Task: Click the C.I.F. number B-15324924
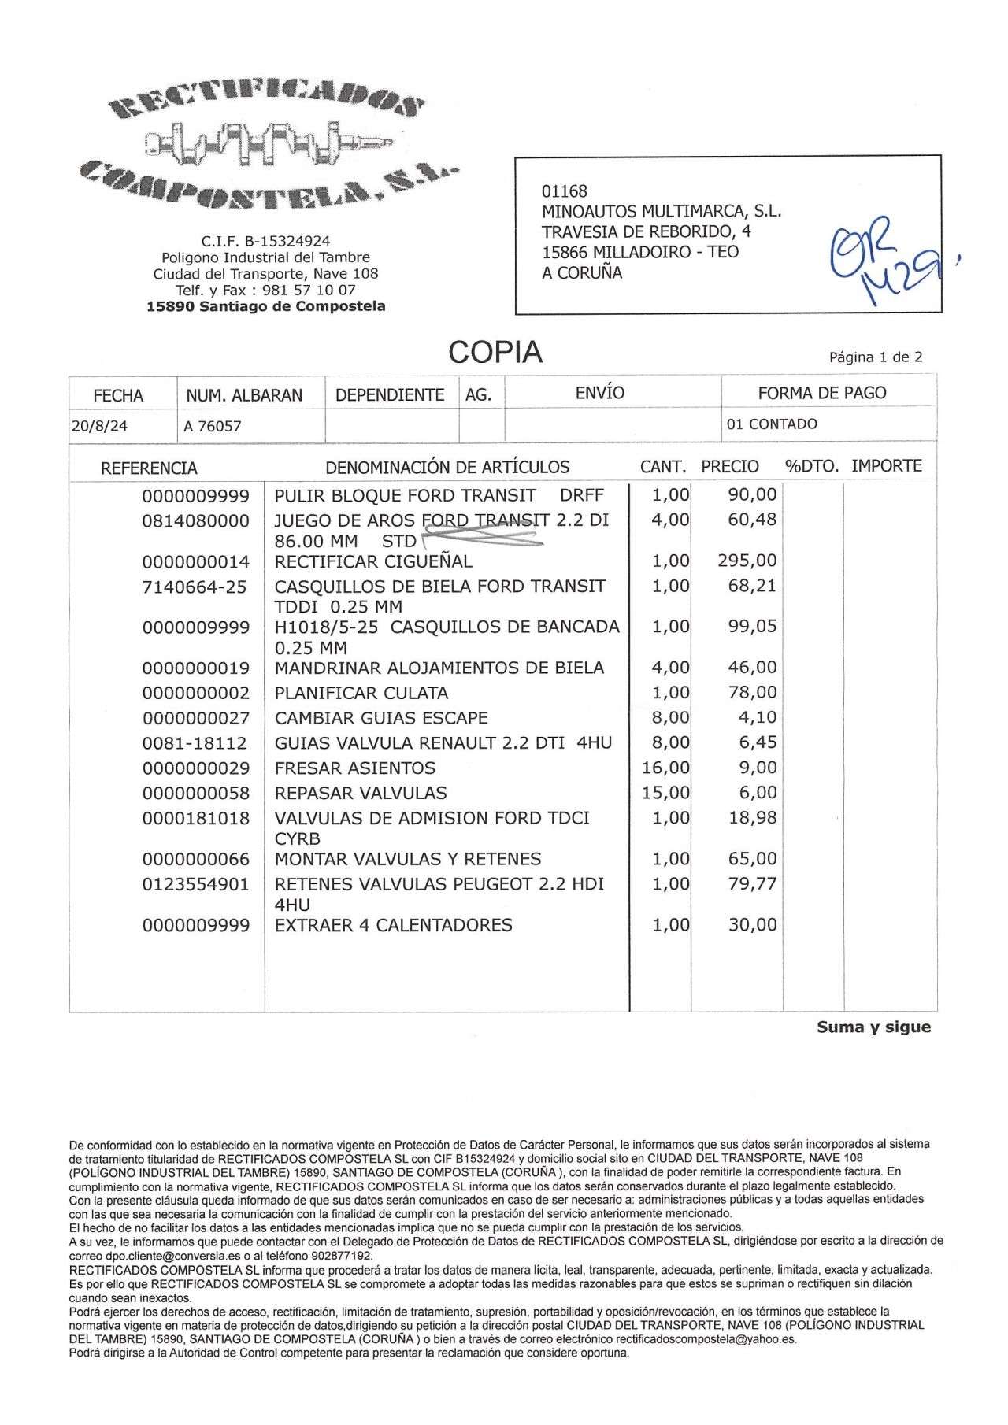(x=265, y=241)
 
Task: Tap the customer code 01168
(x=564, y=191)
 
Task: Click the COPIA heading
(x=495, y=353)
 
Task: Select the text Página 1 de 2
(x=876, y=357)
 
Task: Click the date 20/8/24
(x=99, y=426)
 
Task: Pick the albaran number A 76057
(x=212, y=427)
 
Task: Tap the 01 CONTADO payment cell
(x=772, y=424)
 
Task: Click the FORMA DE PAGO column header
(x=821, y=393)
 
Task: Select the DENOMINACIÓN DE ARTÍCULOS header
(x=447, y=467)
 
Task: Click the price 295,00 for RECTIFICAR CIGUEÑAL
(x=747, y=561)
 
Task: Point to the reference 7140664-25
(x=195, y=587)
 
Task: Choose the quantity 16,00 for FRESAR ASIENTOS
(x=665, y=768)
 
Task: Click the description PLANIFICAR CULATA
(x=361, y=693)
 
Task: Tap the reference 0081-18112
(x=195, y=743)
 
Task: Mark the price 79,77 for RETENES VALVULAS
(x=752, y=884)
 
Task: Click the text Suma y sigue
(x=873, y=1027)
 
